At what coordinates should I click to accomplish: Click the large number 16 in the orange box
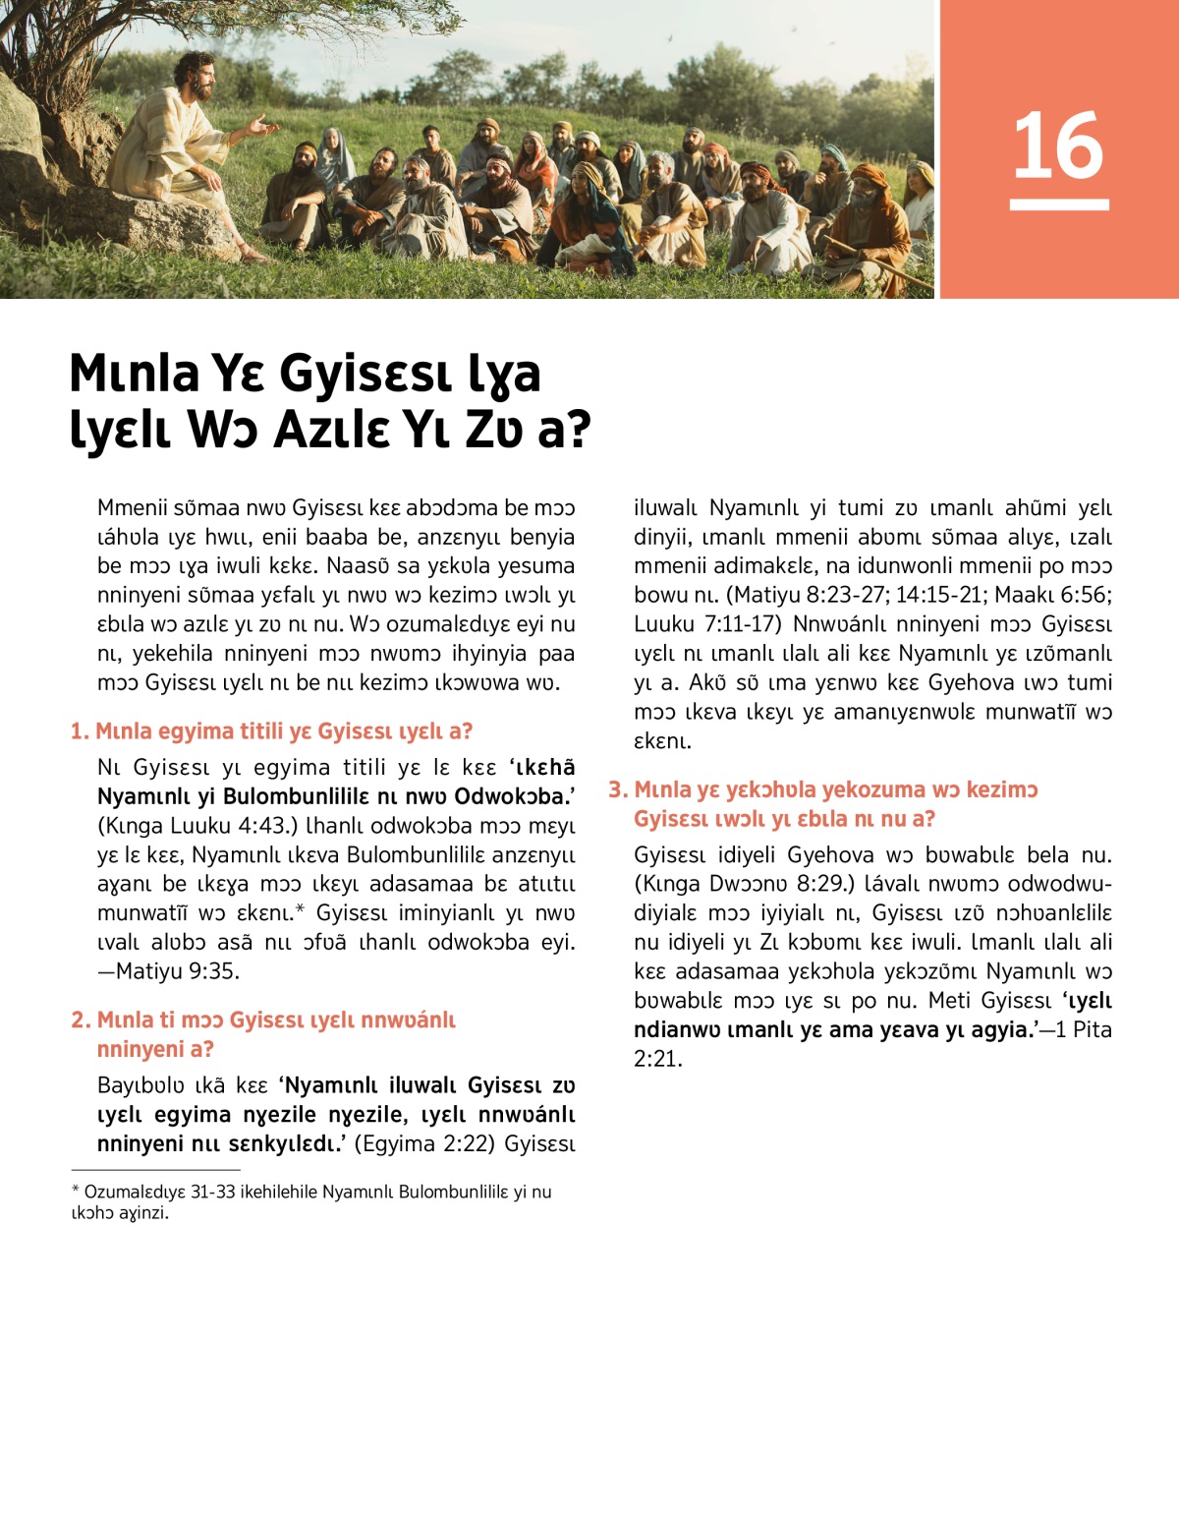click(1058, 146)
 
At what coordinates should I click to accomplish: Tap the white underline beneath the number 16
click(1058, 204)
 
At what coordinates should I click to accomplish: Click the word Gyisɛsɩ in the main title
click(364, 375)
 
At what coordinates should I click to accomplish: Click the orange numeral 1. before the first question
click(80, 731)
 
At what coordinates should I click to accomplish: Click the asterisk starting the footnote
click(76, 1192)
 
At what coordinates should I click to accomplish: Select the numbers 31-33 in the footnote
click(212, 1193)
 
